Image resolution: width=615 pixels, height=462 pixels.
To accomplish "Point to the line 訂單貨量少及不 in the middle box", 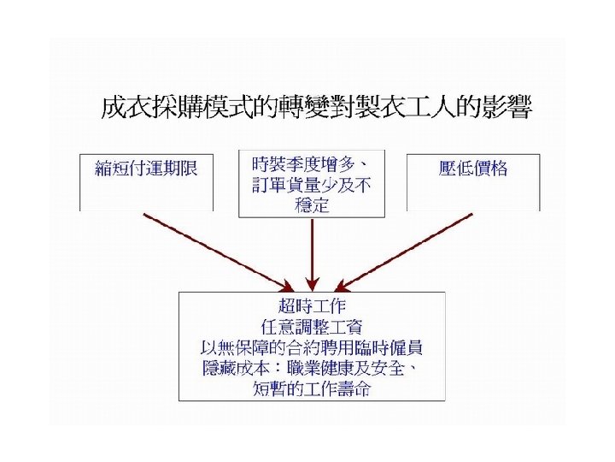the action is tap(311, 184).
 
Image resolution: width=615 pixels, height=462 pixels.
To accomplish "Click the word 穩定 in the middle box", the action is tap(312, 205).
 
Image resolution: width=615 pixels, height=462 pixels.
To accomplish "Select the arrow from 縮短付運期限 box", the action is tap(218, 251).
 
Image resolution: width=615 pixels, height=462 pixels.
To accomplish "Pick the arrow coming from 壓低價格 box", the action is tap(407, 251).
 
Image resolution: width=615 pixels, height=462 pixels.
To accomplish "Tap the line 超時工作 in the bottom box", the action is tap(312, 305).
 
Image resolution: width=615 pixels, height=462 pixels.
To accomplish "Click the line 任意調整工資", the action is tap(312, 326).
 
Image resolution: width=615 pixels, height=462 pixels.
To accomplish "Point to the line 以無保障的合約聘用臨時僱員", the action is tap(312, 347).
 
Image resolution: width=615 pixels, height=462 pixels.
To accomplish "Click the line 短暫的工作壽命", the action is tap(312, 390).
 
